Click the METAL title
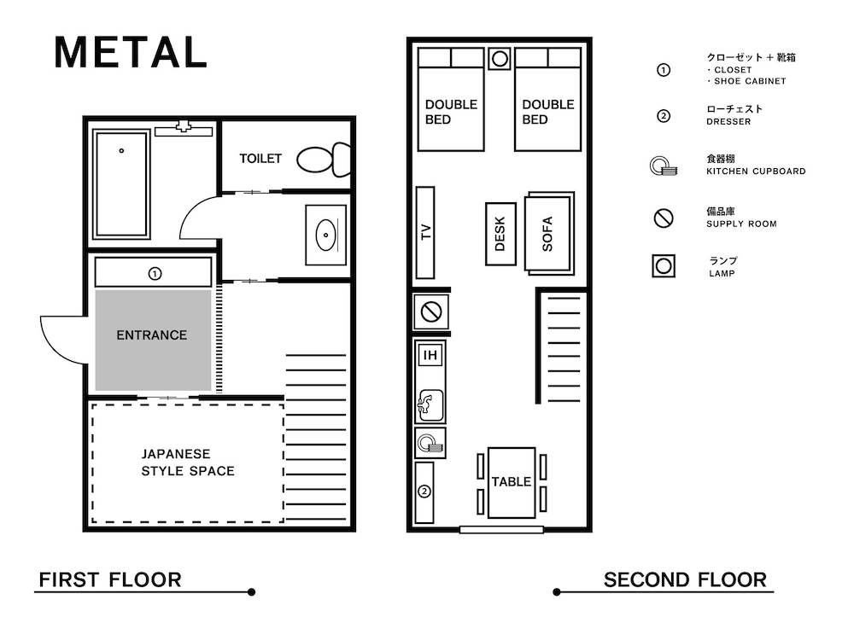click(x=131, y=52)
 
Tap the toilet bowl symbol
click(x=324, y=160)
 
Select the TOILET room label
click(x=260, y=159)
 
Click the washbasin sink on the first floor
click(x=325, y=236)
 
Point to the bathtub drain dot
click(x=121, y=151)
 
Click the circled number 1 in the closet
click(x=155, y=273)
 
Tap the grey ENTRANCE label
click(x=151, y=335)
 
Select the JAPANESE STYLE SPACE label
click(x=188, y=462)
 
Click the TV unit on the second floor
click(x=425, y=232)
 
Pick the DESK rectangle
click(x=500, y=234)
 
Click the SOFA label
click(x=547, y=234)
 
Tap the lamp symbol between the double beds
click(x=500, y=59)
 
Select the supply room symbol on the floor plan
click(x=430, y=311)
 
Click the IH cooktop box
click(x=430, y=355)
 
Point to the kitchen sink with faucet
click(x=430, y=405)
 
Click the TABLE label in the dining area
click(x=511, y=481)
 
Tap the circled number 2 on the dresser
click(x=424, y=492)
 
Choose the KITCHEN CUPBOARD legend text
click(x=756, y=171)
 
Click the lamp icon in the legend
click(x=664, y=266)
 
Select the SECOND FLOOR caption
click(x=685, y=579)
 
